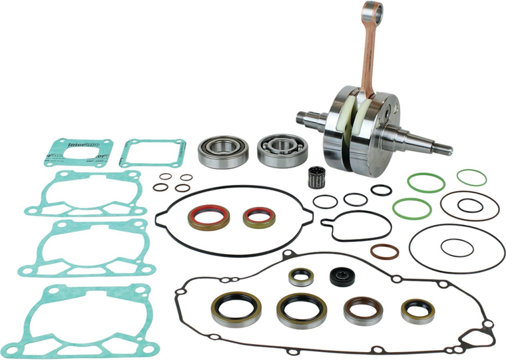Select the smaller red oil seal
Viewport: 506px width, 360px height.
pyautogui.click(x=256, y=216)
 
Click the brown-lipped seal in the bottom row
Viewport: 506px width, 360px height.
pyautogui.click(x=359, y=309)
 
